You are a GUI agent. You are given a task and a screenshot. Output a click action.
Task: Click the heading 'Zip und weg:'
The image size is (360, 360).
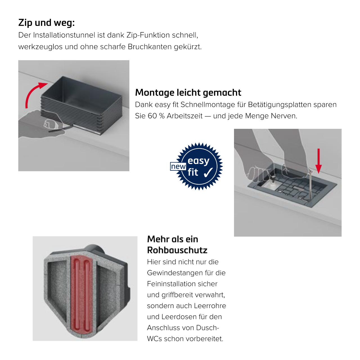tap(46, 23)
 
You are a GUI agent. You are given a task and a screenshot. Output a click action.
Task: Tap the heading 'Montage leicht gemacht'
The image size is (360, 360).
tap(188, 93)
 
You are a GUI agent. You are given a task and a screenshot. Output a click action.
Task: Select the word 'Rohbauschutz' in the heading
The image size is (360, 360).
tap(177, 250)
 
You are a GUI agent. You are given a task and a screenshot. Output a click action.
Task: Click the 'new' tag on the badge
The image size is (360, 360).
tap(178, 166)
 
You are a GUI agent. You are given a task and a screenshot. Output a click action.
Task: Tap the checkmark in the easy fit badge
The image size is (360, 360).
tap(208, 172)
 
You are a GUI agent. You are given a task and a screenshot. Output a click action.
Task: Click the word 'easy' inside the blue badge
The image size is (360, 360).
tap(199, 161)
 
